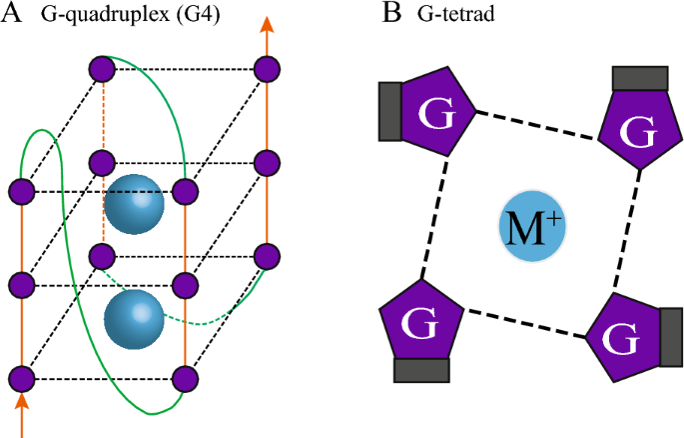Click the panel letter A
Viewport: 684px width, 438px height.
coord(13,17)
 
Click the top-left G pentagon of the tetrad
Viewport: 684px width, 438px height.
coord(436,111)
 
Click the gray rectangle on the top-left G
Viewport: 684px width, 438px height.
coord(389,110)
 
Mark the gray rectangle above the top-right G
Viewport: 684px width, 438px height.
coord(639,78)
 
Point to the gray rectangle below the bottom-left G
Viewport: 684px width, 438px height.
coord(422,370)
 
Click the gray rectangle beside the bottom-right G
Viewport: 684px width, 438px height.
coord(671,338)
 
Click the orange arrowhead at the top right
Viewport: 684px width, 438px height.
coord(267,26)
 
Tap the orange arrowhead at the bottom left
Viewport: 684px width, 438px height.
coord(22,403)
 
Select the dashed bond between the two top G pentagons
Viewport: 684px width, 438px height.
coord(536,125)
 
